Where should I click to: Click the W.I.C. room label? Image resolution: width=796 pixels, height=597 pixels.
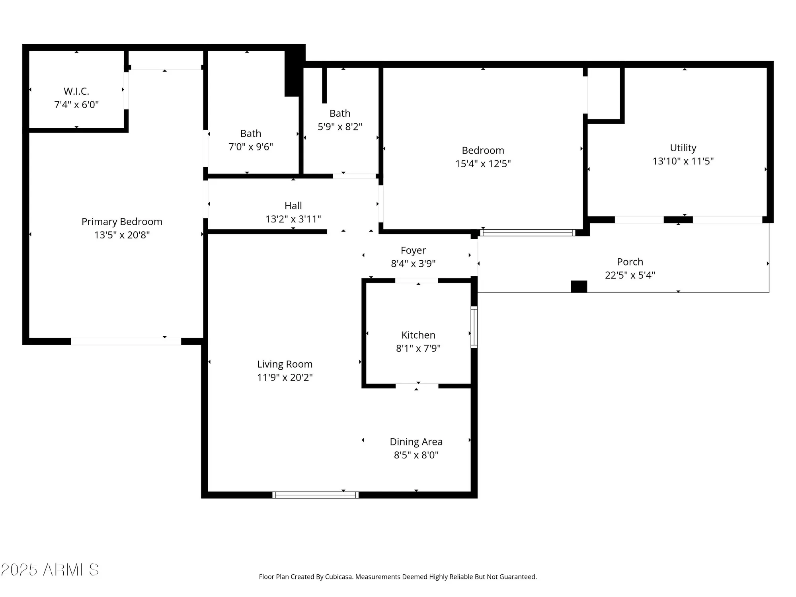click(x=76, y=91)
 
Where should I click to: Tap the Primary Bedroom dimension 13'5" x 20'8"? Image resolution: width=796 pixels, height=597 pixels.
click(x=122, y=235)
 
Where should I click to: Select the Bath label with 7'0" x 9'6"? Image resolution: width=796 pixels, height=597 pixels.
click(x=251, y=133)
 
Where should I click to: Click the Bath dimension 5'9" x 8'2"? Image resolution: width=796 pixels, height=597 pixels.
click(x=340, y=127)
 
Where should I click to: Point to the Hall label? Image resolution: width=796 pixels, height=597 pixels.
click(x=293, y=206)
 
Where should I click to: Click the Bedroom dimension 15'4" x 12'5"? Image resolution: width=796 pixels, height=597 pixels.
click(x=483, y=164)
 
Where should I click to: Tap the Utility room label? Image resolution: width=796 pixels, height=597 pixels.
click(x=683, y=148)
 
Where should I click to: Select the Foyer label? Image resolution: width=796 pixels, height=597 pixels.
click(x=413, y=250)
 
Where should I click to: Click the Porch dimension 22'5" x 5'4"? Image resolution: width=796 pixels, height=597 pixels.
click(x=630, y=275)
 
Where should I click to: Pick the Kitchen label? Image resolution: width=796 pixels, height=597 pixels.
click(x=418, y=335)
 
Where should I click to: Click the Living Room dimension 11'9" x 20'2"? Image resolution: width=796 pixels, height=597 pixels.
click(x=285, y=377)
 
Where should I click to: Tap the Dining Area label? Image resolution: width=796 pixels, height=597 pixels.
click(x=416, y=442)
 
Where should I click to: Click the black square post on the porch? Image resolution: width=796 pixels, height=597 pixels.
click(x=579, y=287)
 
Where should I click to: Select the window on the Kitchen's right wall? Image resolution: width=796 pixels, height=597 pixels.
click(x=474, y=327)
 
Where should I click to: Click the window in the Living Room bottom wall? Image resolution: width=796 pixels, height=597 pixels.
click(x=316, y=495)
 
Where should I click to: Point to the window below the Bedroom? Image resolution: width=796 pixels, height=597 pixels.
click(x=527, y=233)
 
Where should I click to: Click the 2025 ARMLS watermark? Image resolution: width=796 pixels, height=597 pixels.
click(x=50, y=570)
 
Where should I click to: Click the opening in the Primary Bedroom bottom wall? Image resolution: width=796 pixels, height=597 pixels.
click(x=126, y=341)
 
